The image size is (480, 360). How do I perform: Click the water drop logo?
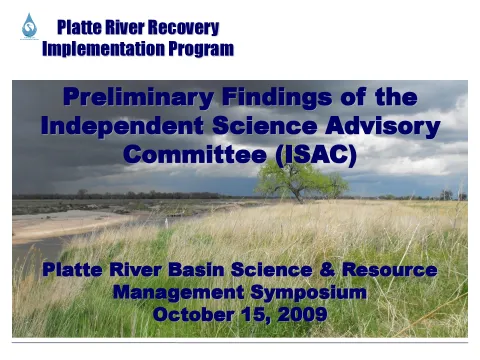[x=28, y=26]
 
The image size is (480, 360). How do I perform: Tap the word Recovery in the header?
[x=185, y=28]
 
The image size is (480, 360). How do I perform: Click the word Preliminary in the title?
[x=137, y=98]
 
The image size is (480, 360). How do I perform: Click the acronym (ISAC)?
[x=315, y=156]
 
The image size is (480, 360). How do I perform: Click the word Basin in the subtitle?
[x=239, y=271]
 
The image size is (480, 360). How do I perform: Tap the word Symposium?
[x=312, y=293]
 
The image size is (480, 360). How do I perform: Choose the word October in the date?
[x=193, y=315]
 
